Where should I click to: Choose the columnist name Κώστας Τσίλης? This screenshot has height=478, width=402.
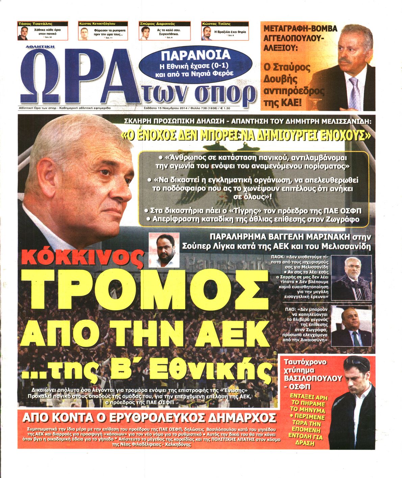pos(216,24)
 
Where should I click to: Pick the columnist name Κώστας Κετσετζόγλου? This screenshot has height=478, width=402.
pos(97,24)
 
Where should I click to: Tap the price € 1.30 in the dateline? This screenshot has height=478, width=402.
pos(224,108)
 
